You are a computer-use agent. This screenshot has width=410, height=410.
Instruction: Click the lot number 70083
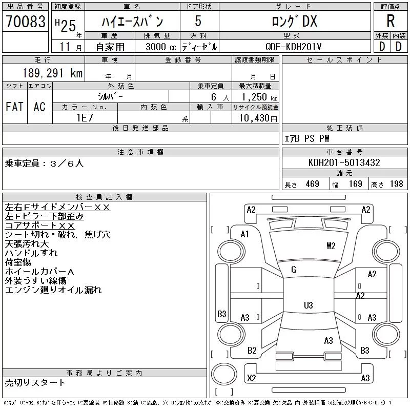pyautogui.click(x=26, y=22)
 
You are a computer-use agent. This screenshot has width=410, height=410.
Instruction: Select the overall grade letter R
pyautogui.click(x=391, y=21)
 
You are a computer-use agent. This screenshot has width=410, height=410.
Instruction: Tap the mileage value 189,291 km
pyautogui.click(x=53, y=73)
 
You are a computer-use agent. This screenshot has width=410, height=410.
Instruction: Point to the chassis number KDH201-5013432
pyautogui.click(x=344, y=162)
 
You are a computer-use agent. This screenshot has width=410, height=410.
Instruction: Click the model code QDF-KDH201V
pyautogui.click(x=293, y=47)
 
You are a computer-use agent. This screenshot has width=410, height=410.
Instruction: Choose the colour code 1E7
pyautogui.click(x=85, y=118)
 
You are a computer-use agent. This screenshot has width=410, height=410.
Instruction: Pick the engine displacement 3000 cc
pyautogui.click(x=161, y=47)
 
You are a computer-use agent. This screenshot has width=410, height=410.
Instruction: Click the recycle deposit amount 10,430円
pyautogui.click(x=258, y=118)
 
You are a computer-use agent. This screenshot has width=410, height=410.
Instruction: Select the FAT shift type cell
pyautogui.click(x=14, y=107)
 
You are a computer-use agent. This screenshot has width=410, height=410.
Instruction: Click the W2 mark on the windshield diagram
pyautogui.click(x=331, y=246)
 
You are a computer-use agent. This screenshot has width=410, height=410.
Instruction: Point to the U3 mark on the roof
pyautogui.click(x=309, y=305)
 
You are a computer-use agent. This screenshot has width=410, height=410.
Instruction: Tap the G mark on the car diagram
pyautogui.click(x=294, y=270)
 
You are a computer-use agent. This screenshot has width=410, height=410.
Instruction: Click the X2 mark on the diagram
pyautogui.click(x=252, y=378)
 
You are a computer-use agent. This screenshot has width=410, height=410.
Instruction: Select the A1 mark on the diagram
pyautogui.click(x=245, y=234)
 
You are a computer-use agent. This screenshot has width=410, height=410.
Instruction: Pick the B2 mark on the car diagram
pyautogui.click(x=252, y=351)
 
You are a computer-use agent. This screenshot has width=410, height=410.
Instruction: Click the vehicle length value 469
pyautogui.click(x=313, y=184)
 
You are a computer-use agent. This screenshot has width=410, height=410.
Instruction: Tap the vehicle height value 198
pyautogui.click(x=396, y=184)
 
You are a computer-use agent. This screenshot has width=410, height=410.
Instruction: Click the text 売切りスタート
pyautogui.click(x=35, y=382)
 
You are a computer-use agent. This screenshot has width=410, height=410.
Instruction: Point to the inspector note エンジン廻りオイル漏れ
pyautogui.click(x=53, y=290)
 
